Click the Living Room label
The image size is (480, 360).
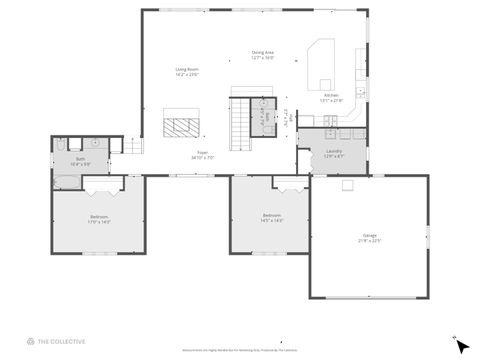(x=187, y=72)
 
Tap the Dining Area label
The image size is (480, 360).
(x=263, y=55)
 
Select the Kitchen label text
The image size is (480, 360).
(x=330, y=98)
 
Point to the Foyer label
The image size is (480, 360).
(x=203, y=157)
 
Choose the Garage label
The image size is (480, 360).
(x=369, y=238)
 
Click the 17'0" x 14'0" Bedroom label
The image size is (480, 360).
(x=99, y=219)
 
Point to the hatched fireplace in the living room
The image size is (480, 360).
(x=182, y=125)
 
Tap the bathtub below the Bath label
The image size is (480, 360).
(x=66, y=181)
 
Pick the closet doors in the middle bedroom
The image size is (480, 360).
(x=290, y=184)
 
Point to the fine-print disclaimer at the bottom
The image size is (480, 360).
(x=240, y=351)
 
